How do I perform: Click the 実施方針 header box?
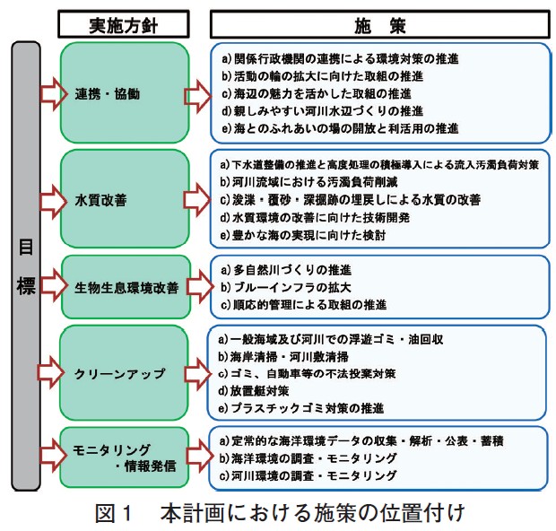(124, 22)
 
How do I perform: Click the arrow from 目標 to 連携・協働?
(55, 91)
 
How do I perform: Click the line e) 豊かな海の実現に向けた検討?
(300, 234)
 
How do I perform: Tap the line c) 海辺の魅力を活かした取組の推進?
(315, 94)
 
